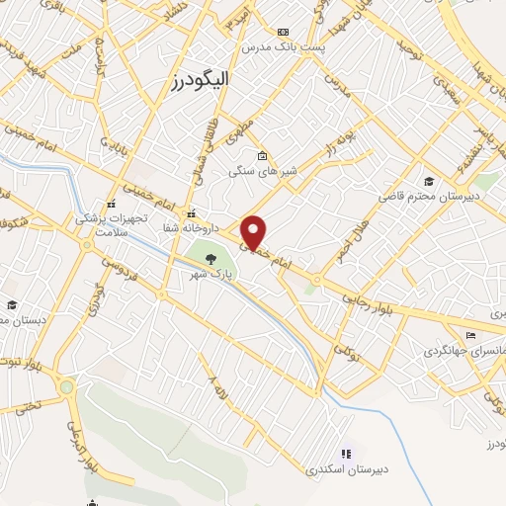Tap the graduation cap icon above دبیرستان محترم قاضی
click(x=428, y=181)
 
